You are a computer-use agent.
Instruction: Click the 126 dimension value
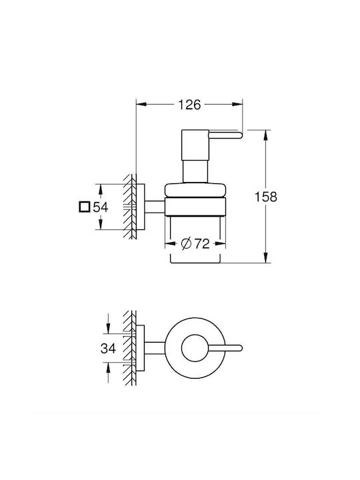189,105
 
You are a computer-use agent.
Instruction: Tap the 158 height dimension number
266,197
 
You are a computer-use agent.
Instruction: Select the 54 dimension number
101,207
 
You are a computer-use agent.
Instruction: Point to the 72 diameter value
202,244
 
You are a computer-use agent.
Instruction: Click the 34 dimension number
108,348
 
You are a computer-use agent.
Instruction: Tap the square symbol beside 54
84,207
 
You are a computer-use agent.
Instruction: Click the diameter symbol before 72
186,244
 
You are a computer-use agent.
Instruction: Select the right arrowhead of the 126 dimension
237,105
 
